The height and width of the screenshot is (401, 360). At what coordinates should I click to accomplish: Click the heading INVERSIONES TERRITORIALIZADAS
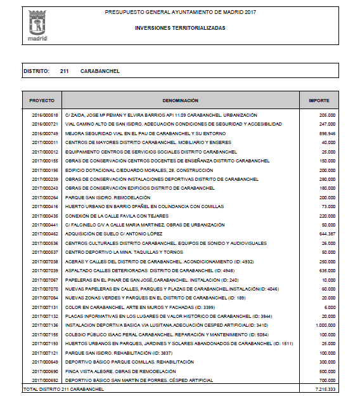(x=180, y=29)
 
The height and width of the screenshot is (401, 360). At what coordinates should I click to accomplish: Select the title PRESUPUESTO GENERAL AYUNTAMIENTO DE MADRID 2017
(x=180, y=12)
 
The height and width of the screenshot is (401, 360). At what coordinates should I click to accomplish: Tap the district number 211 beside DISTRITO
(x=65, y=71)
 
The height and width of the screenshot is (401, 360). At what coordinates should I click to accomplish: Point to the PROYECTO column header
(x=42, y=101)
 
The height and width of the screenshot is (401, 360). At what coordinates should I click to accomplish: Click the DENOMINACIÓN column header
(x=181, y=101)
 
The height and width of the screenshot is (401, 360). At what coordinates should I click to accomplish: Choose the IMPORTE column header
(x=318, y=101)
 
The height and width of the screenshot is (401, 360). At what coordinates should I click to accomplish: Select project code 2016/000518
(x=44, y=115)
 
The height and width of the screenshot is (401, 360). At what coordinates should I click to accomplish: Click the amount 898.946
(x=327, y=133)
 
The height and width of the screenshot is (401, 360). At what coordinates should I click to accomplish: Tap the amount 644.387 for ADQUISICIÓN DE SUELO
(x=327, y=233)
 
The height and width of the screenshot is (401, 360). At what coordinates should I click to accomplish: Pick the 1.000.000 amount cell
(x=325, y=325)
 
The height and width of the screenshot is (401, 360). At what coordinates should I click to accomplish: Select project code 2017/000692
(x=44, y=379)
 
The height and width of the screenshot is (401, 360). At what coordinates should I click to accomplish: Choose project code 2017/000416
(x=44, y=206)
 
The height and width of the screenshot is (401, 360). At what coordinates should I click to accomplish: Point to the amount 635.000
(x=327, y=270)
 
